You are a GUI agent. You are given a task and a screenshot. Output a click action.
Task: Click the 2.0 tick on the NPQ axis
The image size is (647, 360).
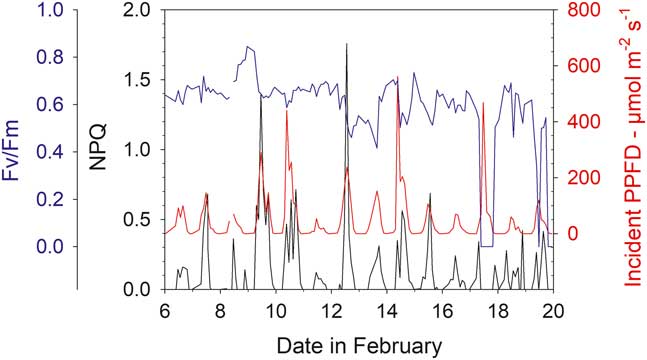click(137, 11)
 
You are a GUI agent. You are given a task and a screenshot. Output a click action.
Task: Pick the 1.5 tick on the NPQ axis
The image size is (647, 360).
click(137, 80)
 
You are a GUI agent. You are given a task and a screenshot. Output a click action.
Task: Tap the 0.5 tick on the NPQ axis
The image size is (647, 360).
click(137, 220)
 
